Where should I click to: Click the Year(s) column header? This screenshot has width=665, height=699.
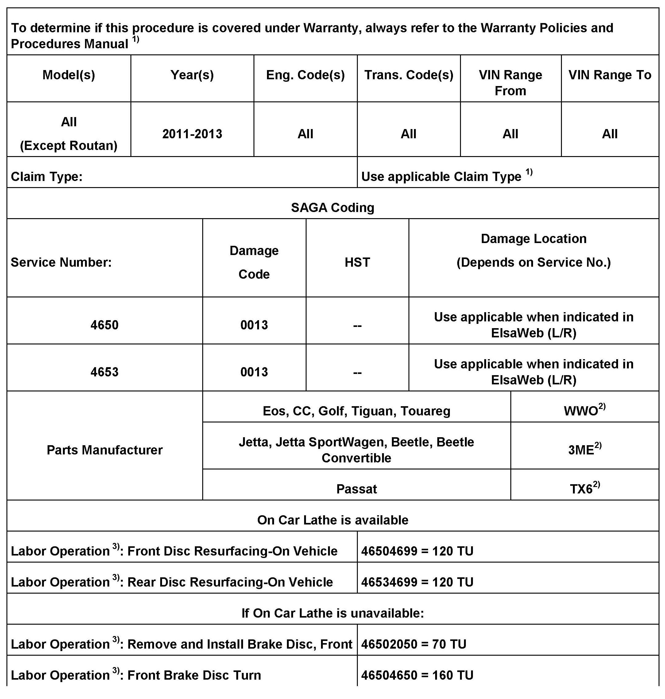(192, 75)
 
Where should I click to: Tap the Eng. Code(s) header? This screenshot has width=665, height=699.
(305, 75)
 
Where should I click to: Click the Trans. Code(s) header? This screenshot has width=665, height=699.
(408, 75)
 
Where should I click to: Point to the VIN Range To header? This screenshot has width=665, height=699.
(610, 75)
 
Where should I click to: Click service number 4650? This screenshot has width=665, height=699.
(104, 325)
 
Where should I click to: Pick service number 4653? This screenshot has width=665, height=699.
(104, 372)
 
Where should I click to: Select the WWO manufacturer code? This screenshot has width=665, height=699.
(581, 411)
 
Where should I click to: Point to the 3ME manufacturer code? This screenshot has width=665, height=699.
(581, 450)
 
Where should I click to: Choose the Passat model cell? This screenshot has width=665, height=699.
(356, 489)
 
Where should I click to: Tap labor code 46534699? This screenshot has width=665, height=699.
(384, 582)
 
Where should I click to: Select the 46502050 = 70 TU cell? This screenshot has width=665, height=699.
(413, 644)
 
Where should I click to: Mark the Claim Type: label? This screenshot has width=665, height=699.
(46, 177)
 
